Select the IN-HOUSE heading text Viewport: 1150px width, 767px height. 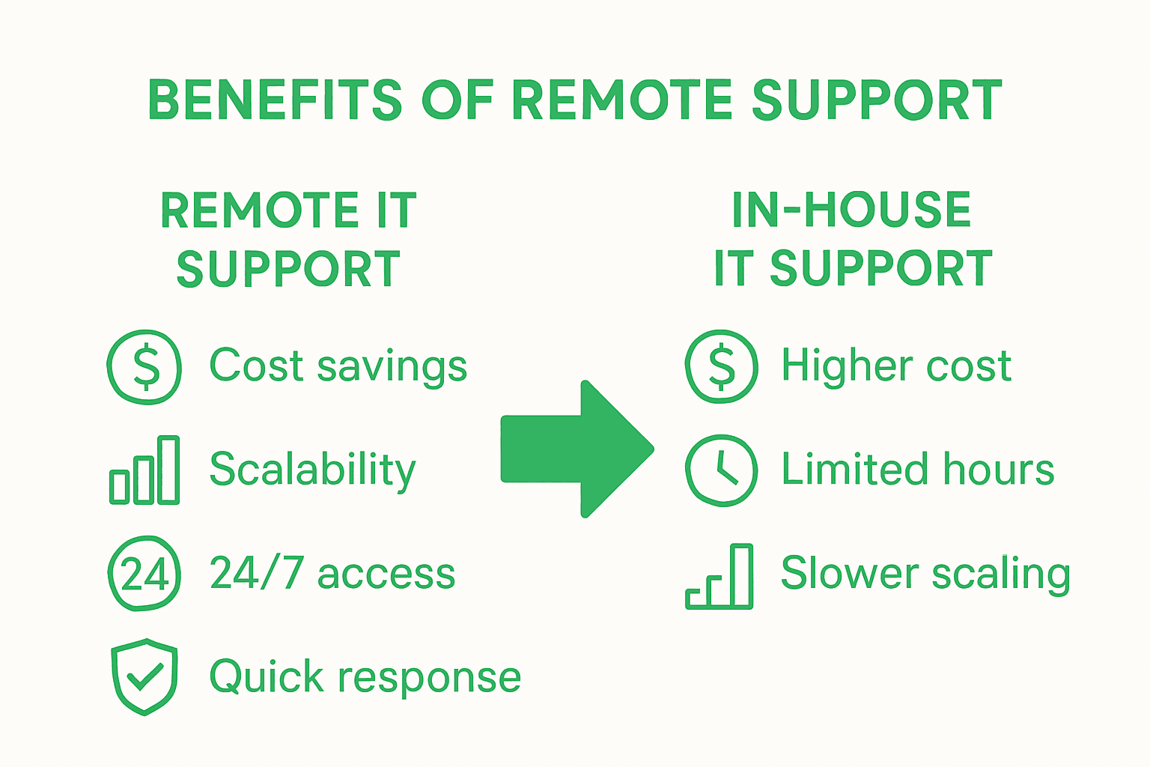pyautogui.click(x=851, y=210)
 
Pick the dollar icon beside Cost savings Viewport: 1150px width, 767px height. pyautogui.click(x=144, y=367)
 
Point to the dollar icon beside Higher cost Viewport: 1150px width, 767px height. pyautogui.click(x=722, y=367)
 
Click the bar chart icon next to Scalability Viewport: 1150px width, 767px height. pyautogui.click(x=144, y=470)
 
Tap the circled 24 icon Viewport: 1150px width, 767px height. pyautogui.click(x=144, y=574)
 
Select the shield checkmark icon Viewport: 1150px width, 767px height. pyautogui.click(x=144, y=676)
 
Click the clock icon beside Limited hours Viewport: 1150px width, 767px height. pyautogui.click(x=722, y=470)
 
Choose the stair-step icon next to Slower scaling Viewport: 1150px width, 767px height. pyautogui.click(x=719, y=576)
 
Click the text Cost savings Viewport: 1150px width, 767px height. pyautogui.click(x=338, y=366)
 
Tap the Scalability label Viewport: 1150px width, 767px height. pyautogui.click(x=312, y=470)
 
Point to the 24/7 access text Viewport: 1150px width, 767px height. pyautogui.click(x=332, y=574)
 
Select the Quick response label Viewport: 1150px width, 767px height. pyautogui.click(x=365, y=677)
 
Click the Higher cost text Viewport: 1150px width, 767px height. pyautogui.click(x=896, y=366)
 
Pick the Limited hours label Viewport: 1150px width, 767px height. pyautogui.click(x=918, y=470)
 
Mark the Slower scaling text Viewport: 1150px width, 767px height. pyautogui.click(x=925, y=574)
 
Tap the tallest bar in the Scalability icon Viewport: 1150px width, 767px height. pyautogui.click(x=168, y=470)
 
